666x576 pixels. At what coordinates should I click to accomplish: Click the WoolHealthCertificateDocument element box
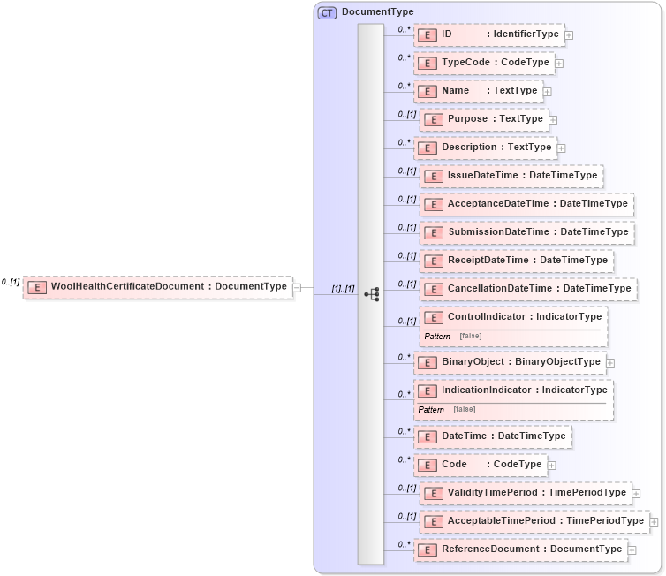[x=158, y=287]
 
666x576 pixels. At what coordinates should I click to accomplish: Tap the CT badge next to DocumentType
[x=327, y=12]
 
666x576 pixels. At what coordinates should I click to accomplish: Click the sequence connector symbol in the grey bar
[x=372, y=294]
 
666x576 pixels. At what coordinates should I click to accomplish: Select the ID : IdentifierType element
[x=489, y=34]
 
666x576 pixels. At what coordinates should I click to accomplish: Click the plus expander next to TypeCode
[x=560, y=64]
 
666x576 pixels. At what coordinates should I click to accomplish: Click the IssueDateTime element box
[x=511, y=176]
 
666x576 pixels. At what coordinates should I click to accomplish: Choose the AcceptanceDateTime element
[x=526, y=204]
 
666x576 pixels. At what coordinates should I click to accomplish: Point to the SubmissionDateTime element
[x=526, y=232]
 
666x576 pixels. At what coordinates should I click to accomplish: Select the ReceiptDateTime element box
[x=517, y=261]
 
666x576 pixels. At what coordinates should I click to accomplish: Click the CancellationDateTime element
[x=528, y=289]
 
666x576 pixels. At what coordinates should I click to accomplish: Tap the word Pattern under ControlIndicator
[x=436, y=337]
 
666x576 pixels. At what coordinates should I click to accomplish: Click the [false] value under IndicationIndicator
[x=464, y=409]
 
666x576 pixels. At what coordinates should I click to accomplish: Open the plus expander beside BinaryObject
[x=610, y=362]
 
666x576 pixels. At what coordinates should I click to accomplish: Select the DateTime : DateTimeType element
[x=493, y=436]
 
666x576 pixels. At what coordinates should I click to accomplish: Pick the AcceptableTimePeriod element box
[x=534, y=521]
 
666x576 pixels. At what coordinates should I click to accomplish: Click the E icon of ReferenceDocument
[x=428, y=549]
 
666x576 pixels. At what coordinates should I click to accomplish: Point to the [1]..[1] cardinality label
[x=343, y=288]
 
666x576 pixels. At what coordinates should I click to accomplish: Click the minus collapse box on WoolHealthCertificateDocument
[x=298, y=287]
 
